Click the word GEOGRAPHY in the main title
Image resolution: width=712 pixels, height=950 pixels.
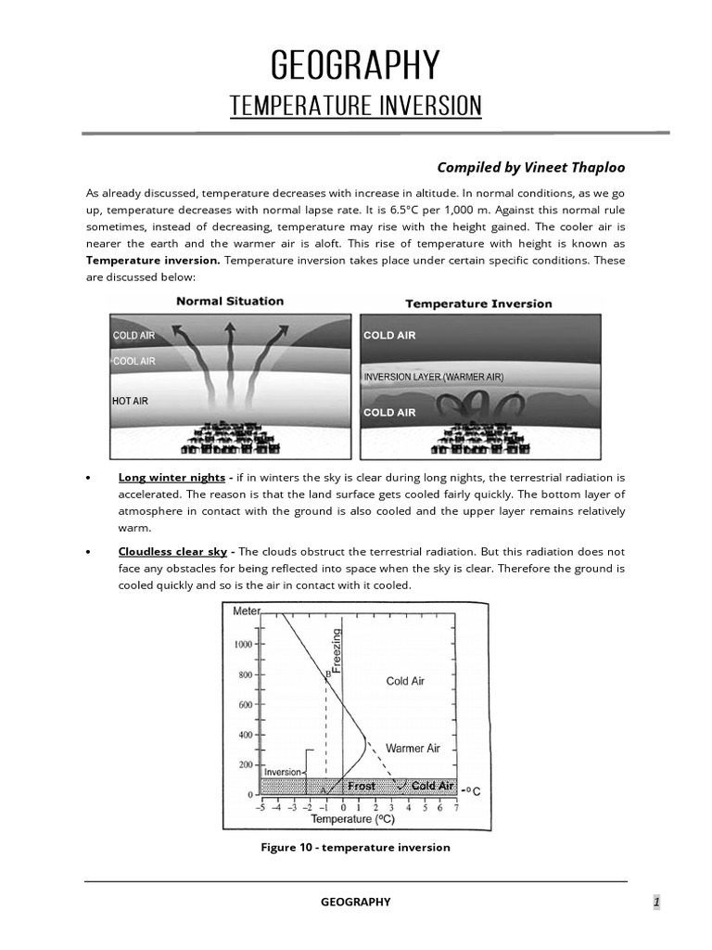[355, 66]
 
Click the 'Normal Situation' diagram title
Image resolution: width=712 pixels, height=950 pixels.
[230, 302]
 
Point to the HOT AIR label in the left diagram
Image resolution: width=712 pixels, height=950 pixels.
[130, 402]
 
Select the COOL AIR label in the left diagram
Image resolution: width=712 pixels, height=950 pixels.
[134, 361]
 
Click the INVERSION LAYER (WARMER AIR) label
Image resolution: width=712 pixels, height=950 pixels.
[432, 378]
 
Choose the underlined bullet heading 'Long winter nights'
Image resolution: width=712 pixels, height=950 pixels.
[172, 478]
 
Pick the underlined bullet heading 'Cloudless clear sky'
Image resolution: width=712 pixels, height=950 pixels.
[172, 551]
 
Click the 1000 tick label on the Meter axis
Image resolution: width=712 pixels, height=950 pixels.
[243, 644]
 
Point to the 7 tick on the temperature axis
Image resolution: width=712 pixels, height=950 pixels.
[456, 808]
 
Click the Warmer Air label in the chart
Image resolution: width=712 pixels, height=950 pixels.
[413, 748]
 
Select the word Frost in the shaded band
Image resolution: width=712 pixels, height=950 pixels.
[362, 787]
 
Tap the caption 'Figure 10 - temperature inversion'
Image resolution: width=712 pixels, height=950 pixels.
[357, 847]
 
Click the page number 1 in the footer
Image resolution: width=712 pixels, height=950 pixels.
[655, 902]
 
